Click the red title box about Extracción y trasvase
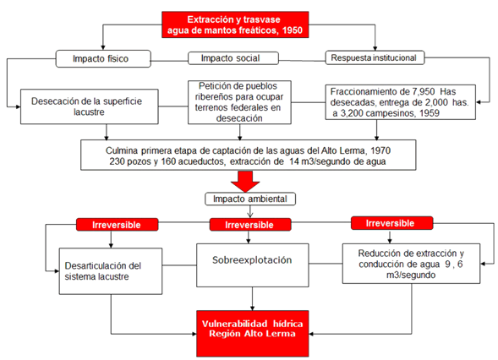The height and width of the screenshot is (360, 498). tap(235, 25)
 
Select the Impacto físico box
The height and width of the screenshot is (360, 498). tap(103, 58)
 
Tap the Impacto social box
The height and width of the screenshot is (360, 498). tap(233, 58)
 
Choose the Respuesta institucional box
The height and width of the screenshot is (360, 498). tap(375, 57)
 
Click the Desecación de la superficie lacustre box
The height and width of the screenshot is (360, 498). tap(90, 106)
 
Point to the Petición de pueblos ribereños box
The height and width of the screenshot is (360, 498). tap(239, 102)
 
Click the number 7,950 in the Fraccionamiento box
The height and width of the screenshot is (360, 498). tap(424, 92)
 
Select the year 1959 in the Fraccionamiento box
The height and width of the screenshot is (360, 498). tap(429, 113)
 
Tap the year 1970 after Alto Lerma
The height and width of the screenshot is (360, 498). tap(380, 150)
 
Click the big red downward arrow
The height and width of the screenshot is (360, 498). tap(245, 181)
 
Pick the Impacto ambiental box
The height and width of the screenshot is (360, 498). tap(250, 199)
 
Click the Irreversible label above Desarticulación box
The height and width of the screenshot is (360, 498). tap(117, 225)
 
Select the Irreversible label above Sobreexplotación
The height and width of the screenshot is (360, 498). tap(250, 225)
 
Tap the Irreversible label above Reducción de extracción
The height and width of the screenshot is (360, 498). tap(391, 223)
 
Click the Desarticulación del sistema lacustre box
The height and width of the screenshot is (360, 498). tap(111, 271)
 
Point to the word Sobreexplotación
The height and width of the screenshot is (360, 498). tap(252, 260)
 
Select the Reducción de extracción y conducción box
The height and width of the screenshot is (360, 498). tap(411, 264)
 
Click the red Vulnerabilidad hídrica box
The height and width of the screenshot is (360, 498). tap(253, 334)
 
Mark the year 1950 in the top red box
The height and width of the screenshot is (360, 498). tap(293, 30)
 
